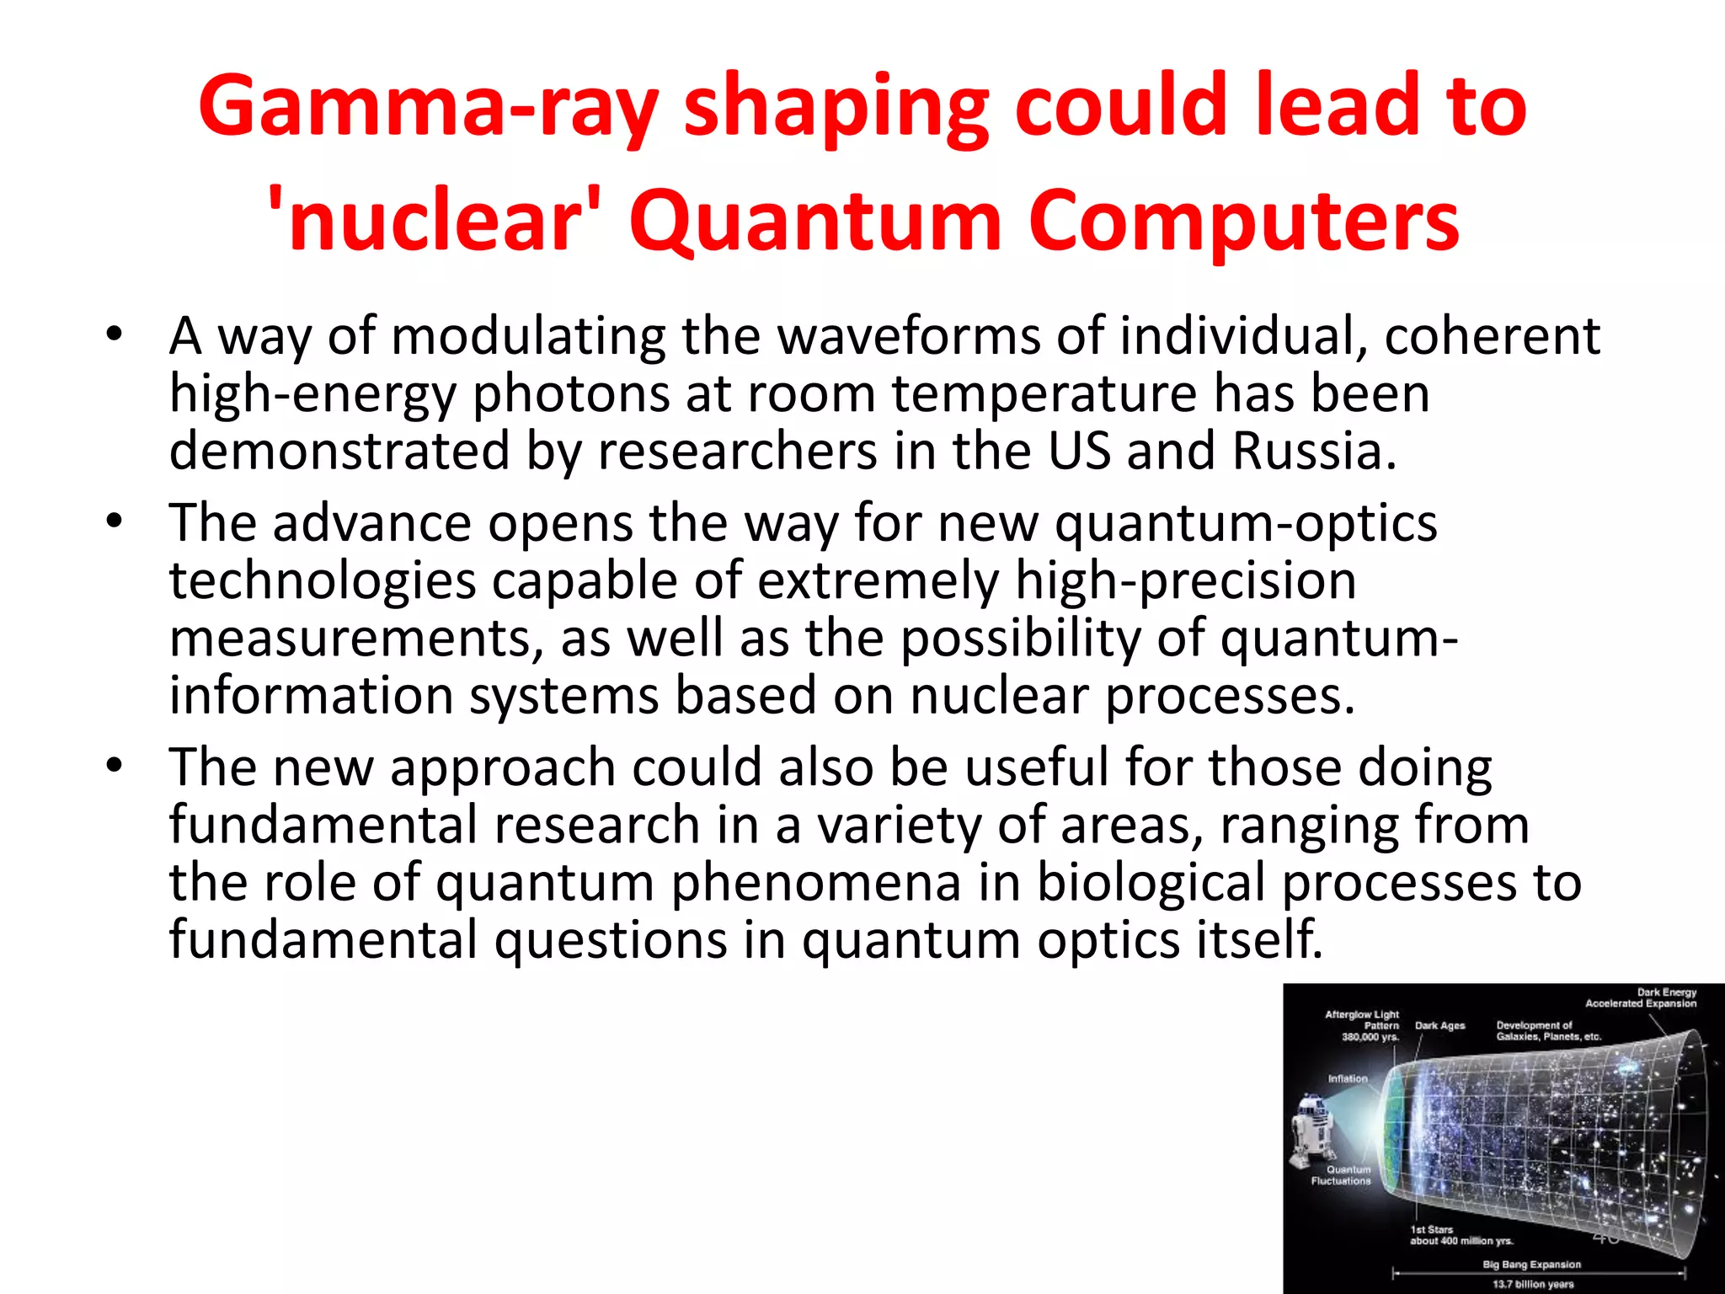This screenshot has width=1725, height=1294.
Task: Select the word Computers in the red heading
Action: pyautogui.click(x=1243, y=221)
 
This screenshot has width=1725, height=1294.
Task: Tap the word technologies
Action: pyautogui.click(x=323, y=581)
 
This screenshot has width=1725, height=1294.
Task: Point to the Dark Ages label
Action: pyautogui.click(x=1439, y=1025)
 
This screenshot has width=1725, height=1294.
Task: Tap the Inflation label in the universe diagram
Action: pyautogui.click(x=1348, y=1078)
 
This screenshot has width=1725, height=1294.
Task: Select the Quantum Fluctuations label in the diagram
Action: pyautogui.click(x=1341, y=1175)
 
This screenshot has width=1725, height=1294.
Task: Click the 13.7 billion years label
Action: pyautogui.click(x=1533, y=1285)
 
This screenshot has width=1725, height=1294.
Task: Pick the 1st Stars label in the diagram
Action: pyautogui.click(x=1432, y=1230)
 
